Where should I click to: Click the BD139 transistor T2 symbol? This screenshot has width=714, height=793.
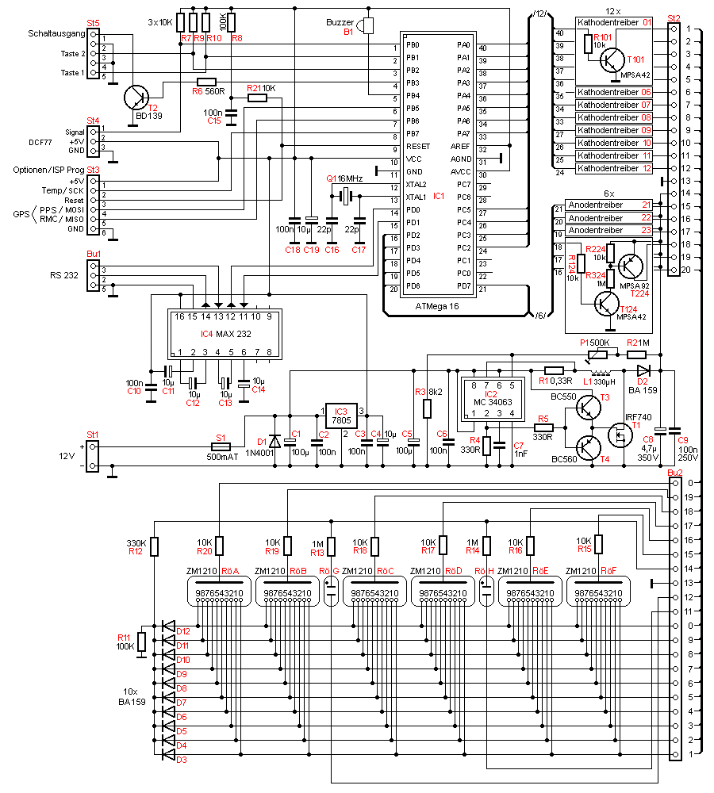tap(137, 97)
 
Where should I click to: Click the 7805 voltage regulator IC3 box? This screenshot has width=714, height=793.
tap(341, 416)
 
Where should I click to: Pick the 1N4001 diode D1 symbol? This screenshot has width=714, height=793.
tap(274, 440)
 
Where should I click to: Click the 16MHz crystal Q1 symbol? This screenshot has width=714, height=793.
tap(345, 195)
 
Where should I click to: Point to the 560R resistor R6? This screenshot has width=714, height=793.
tap(206, 82)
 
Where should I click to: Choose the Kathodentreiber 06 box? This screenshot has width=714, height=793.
tap(614, 93)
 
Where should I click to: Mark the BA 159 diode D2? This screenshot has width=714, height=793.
tap(643, 370)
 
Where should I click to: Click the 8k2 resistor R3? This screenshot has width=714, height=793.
tap(427, 408)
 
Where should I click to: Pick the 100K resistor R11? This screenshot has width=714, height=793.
tap(141, 642)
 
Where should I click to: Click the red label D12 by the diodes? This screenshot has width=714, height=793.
tap(183, 632)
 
